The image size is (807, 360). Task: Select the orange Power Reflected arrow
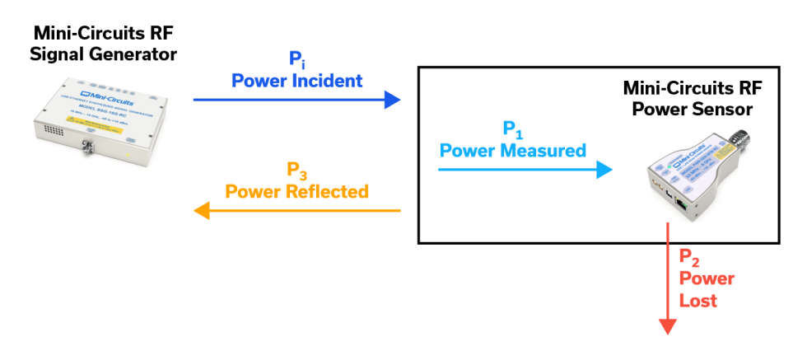(x=296, y=211)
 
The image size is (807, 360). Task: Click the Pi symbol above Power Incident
(x=296, y=60)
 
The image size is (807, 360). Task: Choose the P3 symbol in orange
(x=296, y=171)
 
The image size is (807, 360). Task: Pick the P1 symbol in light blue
(x=512, y=129)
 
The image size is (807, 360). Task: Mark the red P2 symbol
(x=689, y=257)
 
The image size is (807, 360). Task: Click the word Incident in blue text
(x=326, y=81)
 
